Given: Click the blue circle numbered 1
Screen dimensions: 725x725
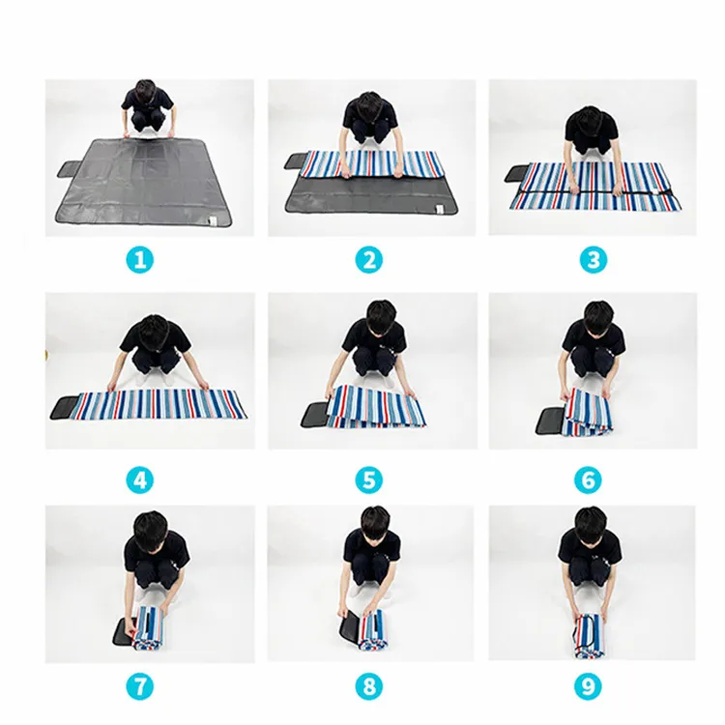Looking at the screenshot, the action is coord(140,259).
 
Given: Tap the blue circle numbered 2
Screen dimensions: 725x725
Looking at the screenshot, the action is coord(369,259).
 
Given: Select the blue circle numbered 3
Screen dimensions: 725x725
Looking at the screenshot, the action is coord(594,259).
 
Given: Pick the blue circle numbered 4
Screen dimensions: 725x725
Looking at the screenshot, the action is coord(139,479).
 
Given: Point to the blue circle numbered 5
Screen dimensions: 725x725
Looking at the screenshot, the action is coord(369,479).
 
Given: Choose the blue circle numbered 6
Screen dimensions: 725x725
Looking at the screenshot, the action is coord(588,479).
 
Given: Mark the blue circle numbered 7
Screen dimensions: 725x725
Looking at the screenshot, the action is coord(140,686).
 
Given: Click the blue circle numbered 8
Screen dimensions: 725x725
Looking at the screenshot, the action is coord(369,686).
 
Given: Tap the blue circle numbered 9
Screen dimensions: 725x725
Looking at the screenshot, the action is coord(588,686).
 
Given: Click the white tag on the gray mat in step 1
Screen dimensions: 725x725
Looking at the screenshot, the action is coord(214,221).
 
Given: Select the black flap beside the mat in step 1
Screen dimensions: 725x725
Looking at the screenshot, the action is coord(70,169).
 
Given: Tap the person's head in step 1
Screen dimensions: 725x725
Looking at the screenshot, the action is coord(145,91).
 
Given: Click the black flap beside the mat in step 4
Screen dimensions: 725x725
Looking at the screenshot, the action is coord(66,407).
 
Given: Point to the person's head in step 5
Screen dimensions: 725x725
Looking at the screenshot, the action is coord(380,314).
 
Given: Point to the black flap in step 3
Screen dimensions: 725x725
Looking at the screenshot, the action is coord(516,174).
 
